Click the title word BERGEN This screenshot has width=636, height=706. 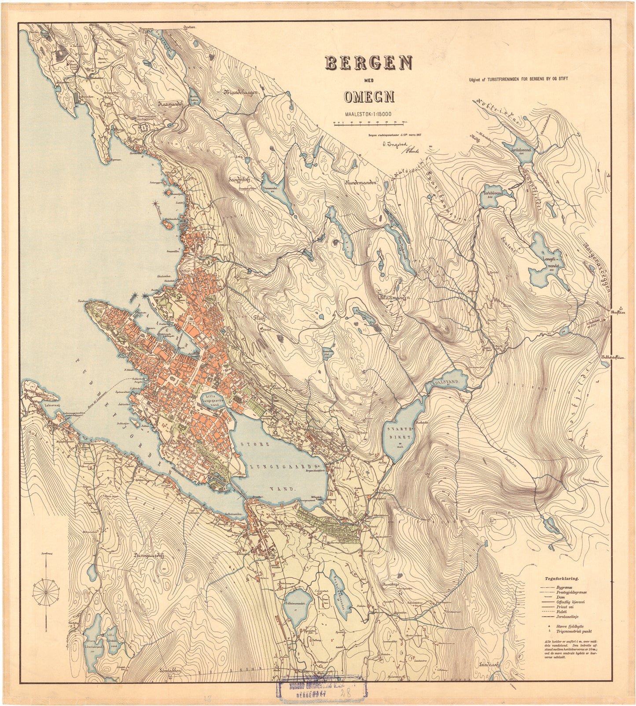tap(368, 64)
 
